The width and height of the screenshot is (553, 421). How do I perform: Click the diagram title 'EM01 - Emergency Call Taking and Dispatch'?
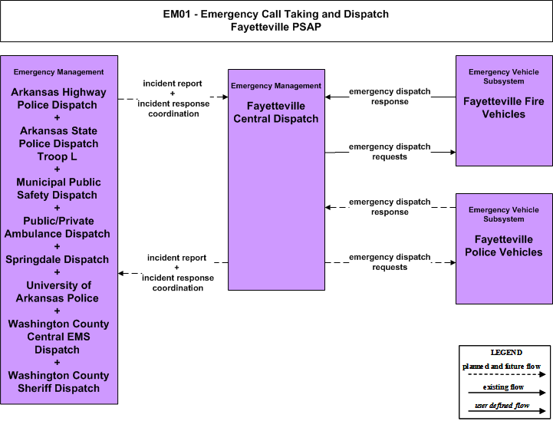click(x=276, y=14)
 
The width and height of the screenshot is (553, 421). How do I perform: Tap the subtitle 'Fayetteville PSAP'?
click(x=276, y=27)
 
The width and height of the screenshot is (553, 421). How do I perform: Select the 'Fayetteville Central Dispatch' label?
click(x=276, y=113)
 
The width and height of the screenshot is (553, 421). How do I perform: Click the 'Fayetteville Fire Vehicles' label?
click(x=504, y=108)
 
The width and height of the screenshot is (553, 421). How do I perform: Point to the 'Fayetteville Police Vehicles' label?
click(x=504, y=245)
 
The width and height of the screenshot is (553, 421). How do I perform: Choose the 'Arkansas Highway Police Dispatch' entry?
click(x=58, y=99)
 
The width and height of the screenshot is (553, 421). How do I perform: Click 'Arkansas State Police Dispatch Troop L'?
click(x=58, y=143)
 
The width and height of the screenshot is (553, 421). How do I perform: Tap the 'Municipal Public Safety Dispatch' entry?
click(x=58, y=189)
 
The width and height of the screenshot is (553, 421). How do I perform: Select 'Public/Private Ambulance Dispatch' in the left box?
click(x=58, y=228)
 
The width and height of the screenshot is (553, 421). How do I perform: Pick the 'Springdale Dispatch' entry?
click(x=57, y=259)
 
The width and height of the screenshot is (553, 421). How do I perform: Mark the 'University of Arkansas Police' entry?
click(x=58, y=291)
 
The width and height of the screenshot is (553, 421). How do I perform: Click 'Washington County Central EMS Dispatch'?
click(x=58, y=337)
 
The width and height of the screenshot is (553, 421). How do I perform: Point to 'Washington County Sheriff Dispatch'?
click(x=58, y=382)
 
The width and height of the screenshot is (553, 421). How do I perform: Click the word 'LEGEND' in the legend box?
click(x=506, y=353)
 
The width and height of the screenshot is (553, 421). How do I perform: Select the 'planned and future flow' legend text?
click(x=502, y=367)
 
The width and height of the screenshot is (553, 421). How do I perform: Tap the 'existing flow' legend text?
click(x=503, y=387)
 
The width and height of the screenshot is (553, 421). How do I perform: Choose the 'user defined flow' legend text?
click(x=502, y=406)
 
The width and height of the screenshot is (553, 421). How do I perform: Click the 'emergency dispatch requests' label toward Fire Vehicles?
click(x=390, y=152)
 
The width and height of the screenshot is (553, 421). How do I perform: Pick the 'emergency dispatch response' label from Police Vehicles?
click(x=390, y=207)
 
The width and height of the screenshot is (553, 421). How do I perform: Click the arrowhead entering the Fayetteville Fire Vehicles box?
click(x=453, y=153)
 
